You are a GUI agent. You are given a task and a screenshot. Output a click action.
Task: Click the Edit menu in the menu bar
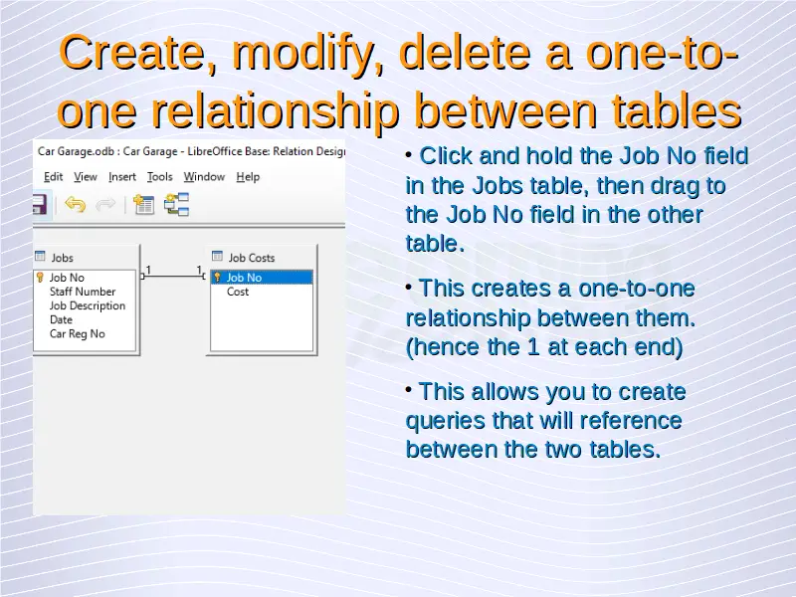(53, 177)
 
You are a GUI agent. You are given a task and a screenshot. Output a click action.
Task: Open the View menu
(86, 177)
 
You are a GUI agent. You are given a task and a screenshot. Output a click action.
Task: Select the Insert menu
(122, 177)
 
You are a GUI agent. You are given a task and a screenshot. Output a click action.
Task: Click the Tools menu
(160, 177)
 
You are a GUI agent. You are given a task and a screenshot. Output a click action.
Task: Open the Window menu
(204, 177)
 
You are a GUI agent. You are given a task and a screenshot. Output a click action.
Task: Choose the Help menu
(248, 177)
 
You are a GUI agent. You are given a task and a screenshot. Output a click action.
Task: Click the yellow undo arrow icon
(76, 205)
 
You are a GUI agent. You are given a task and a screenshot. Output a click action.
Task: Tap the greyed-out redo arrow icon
(105, 205)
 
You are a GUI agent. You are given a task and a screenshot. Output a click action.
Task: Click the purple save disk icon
(40, 205)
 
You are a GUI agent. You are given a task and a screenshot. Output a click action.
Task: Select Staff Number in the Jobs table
(83, 292)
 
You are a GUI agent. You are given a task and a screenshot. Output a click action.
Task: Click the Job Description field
(88, 305)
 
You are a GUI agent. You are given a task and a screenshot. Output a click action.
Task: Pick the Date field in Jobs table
(61, 319)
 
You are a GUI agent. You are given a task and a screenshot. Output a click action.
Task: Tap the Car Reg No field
(78, 333)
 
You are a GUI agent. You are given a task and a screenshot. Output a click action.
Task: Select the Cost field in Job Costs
(238, 292)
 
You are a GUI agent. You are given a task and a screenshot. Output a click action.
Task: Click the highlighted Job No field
(262, 278)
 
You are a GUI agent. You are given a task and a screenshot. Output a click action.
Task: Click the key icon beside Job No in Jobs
(40, 278)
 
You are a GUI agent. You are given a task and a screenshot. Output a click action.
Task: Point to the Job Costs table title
(252, 258)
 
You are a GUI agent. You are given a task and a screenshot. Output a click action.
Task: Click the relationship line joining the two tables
(173, 277)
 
